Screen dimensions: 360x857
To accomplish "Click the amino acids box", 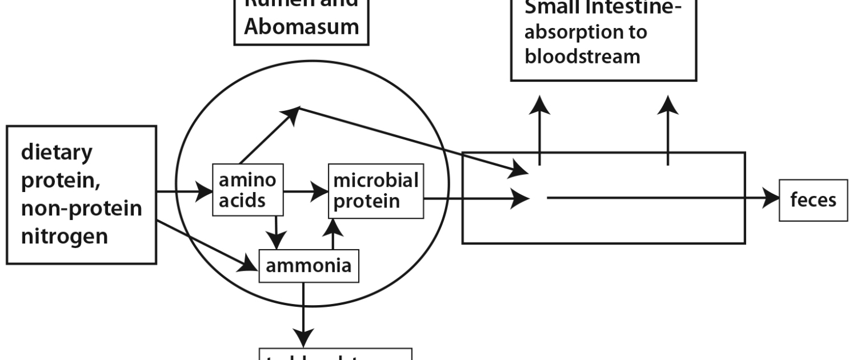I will pos(247,191).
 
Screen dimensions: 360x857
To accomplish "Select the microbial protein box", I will pos(376,191).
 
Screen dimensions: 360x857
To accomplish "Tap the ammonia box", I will pos(309,266).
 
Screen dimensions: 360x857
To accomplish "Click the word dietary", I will pos(57,153).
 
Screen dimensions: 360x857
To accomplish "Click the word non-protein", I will pos(82,208).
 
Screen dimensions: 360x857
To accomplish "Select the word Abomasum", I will pos(302,26).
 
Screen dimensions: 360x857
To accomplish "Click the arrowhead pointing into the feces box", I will pos(771,198).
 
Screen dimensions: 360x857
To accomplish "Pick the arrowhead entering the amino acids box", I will pos(204,192).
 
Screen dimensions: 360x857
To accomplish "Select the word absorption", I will pos(586,31).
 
